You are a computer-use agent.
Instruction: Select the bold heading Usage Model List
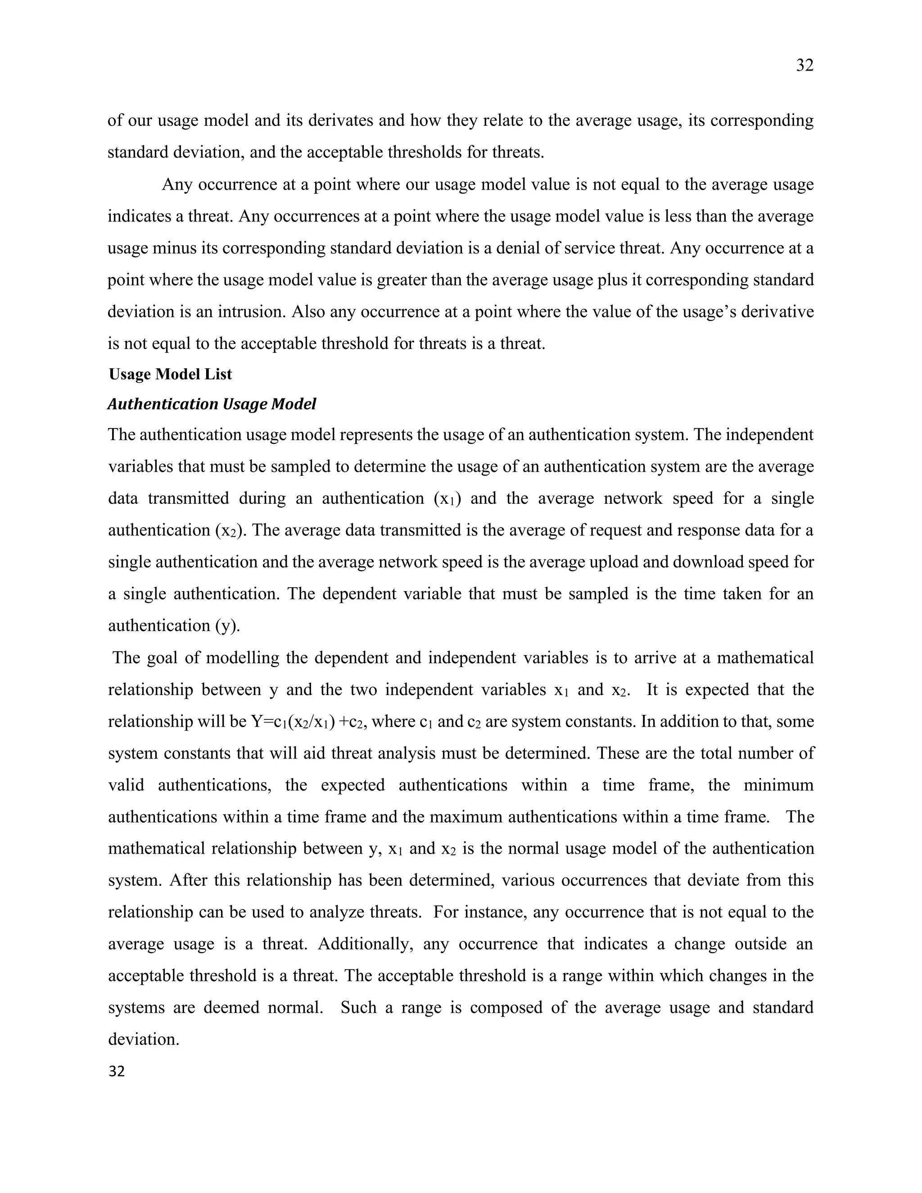(171, 374)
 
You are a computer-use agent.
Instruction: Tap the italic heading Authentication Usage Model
(212, 404)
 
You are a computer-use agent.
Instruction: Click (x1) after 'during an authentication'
(447, 499)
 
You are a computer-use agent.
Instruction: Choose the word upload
(614, 563)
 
